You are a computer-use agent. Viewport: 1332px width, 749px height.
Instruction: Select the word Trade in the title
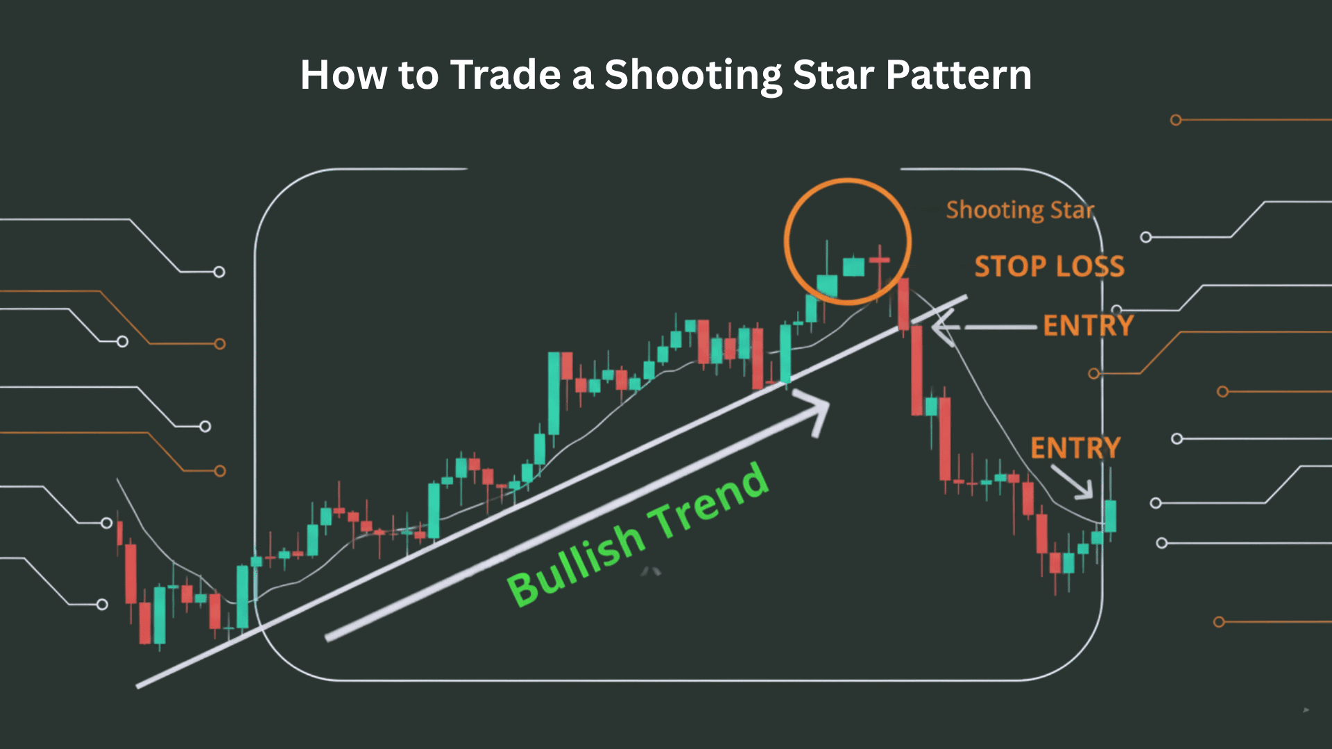(505, 75)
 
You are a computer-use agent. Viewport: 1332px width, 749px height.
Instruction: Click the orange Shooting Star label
(1020, 209)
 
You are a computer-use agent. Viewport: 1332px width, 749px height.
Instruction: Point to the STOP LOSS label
(1049, 266)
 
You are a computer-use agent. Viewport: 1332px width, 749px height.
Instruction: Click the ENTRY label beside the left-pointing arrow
(1088, 325)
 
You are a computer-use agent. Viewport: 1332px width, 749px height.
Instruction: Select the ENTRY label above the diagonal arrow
(1075, 448)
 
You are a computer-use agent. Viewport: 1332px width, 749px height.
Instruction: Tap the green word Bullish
(576, 565)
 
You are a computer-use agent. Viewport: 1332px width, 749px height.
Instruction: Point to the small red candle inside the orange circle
(879, 261)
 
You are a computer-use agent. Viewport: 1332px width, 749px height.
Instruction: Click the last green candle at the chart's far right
(1111, 515)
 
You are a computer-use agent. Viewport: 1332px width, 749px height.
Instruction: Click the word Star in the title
(832, 75)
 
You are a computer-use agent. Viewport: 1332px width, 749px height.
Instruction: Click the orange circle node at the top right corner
(1175, 120)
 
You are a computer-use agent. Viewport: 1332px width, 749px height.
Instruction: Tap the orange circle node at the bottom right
(1218, 622)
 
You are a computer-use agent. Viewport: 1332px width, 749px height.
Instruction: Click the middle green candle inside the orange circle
(853, 267)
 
